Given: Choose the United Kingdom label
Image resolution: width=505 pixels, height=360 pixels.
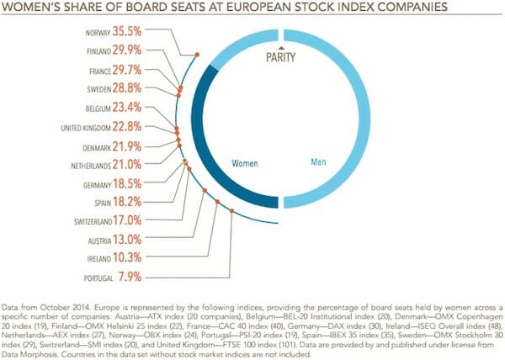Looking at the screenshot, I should (x=92, y=128).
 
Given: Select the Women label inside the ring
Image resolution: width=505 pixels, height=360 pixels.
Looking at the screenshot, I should (x=245, y=161).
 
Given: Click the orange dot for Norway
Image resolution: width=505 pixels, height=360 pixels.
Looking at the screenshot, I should (x=197, y=55).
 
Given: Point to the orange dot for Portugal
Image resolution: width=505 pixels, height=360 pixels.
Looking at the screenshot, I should (x=232, y=212).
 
